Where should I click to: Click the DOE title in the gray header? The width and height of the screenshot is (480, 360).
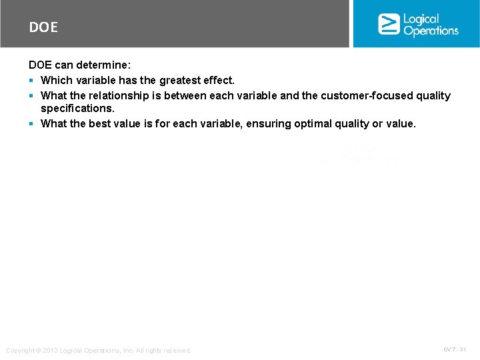[43, 27]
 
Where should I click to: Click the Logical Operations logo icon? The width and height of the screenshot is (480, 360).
[389, 24]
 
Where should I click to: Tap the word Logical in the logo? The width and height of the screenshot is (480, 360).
[421, 19]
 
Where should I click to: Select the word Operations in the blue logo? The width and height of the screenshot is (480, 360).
[431, 31]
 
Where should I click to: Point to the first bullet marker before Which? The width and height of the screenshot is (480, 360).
[31, 81]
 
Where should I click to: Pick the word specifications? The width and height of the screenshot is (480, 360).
[77, 108]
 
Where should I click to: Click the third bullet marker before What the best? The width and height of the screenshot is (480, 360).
[31, 124]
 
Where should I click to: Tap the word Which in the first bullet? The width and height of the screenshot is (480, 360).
[56, 80]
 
